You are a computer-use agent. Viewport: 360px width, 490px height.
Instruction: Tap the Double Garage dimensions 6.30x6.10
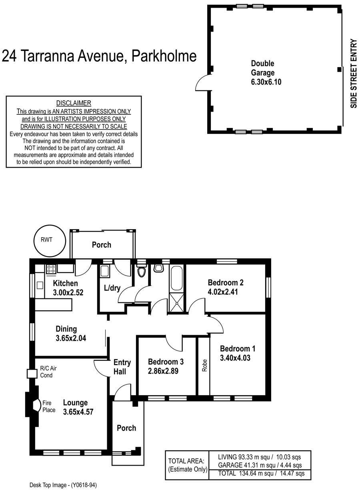pyautogui.click(x=266, y=82)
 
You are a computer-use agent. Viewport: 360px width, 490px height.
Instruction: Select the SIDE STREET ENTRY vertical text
pyautogui.click(x=354, y=73)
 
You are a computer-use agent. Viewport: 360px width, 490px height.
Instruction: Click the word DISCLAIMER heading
pyautogui.click(x=74, y=103)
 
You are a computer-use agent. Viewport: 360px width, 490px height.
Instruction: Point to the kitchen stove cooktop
pyautogui.click(x=51, y=269)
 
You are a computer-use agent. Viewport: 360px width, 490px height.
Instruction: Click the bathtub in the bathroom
pyautogui.click(x=177, y=278)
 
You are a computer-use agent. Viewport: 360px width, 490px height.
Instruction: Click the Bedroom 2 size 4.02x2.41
pyautogui.click(x=223, y=292)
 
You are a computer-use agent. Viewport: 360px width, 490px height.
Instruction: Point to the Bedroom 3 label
pyautogui.click(x=166, y=362)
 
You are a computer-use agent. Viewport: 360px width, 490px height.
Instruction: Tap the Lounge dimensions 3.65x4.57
pyautogui.click(x=78, y=412)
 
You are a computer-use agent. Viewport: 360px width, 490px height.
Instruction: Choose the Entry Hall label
pyautogui.click(x=122, y=367)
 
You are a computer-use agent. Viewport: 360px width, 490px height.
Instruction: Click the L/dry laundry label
pyautogui.click(x=112, y=288)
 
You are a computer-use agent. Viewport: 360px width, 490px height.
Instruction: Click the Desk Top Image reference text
pyautogui.click(x=63, y=485)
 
